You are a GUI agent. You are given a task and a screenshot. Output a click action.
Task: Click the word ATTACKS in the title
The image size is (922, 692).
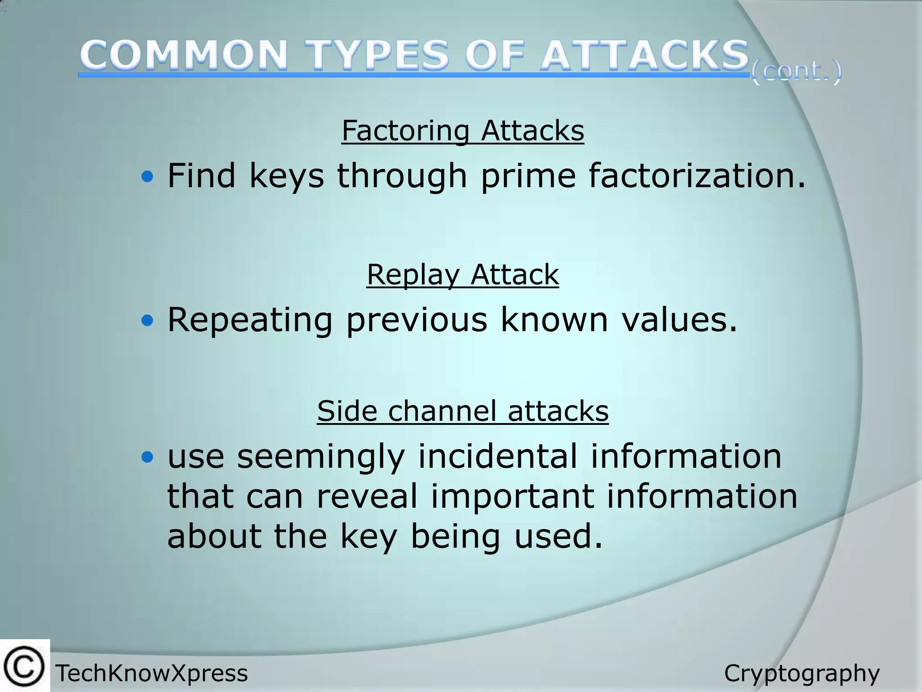644,56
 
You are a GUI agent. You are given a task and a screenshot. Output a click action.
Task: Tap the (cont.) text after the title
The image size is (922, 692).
796,71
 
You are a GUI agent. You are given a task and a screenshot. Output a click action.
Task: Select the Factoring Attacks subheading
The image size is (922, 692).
463,131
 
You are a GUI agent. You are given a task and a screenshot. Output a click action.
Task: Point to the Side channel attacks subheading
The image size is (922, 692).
463,411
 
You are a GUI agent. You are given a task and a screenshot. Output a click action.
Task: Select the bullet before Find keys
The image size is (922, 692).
147,177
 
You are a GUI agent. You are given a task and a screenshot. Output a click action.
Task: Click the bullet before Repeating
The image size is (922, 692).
147,321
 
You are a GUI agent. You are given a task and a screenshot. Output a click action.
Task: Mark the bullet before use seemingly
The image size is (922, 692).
147,458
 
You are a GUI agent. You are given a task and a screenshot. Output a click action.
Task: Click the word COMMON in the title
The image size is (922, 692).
184,56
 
